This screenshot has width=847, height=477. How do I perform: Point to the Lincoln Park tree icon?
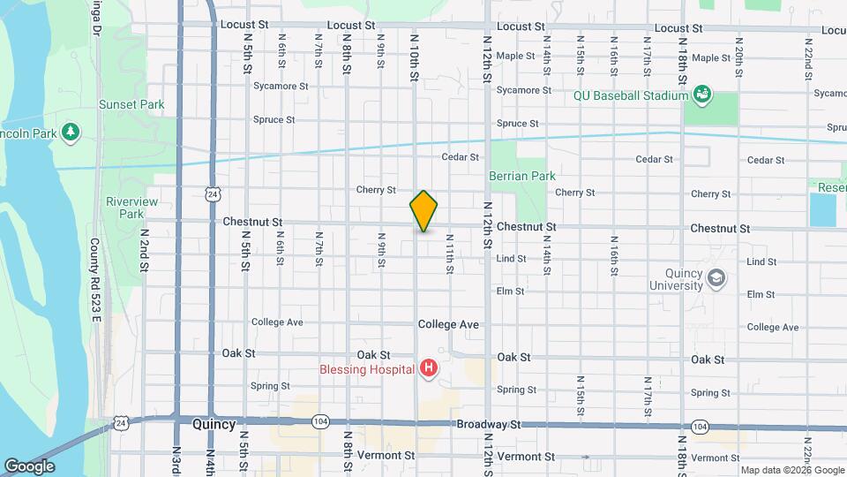(x=71, y=133)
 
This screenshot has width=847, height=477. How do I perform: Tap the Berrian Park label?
(x=522, y=176)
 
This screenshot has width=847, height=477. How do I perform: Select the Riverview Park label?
(x=131, y=208)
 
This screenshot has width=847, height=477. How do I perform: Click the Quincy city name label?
(x=214, y=424)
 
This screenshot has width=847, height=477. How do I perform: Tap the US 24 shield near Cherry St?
(x=214, y=192)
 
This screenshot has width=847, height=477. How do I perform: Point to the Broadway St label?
(x=490, y=425)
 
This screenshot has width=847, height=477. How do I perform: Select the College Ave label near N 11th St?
(x=448, y=325)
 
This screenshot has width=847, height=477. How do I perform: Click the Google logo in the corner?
(x=29, y=466)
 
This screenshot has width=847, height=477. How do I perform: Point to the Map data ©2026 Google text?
(x=791, y=470)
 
